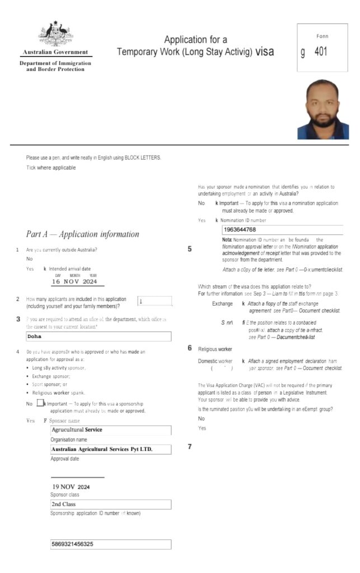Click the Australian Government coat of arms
point(56,35)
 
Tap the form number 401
point(321,53)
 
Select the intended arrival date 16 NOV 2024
point(74,281)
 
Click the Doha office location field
point(99,337)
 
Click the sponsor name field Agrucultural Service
point(110,430)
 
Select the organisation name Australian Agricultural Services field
point(110,449)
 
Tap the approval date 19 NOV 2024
point(71,486)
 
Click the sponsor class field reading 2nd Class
point(110,504)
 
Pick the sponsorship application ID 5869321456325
point(110,544)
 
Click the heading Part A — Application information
point(82,234)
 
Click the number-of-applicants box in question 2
point(153,302)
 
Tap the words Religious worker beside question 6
point(215,349)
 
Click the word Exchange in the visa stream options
point(222,303)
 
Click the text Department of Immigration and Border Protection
point(55,66)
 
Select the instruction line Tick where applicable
point(51,168)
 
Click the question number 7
point(190,447)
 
